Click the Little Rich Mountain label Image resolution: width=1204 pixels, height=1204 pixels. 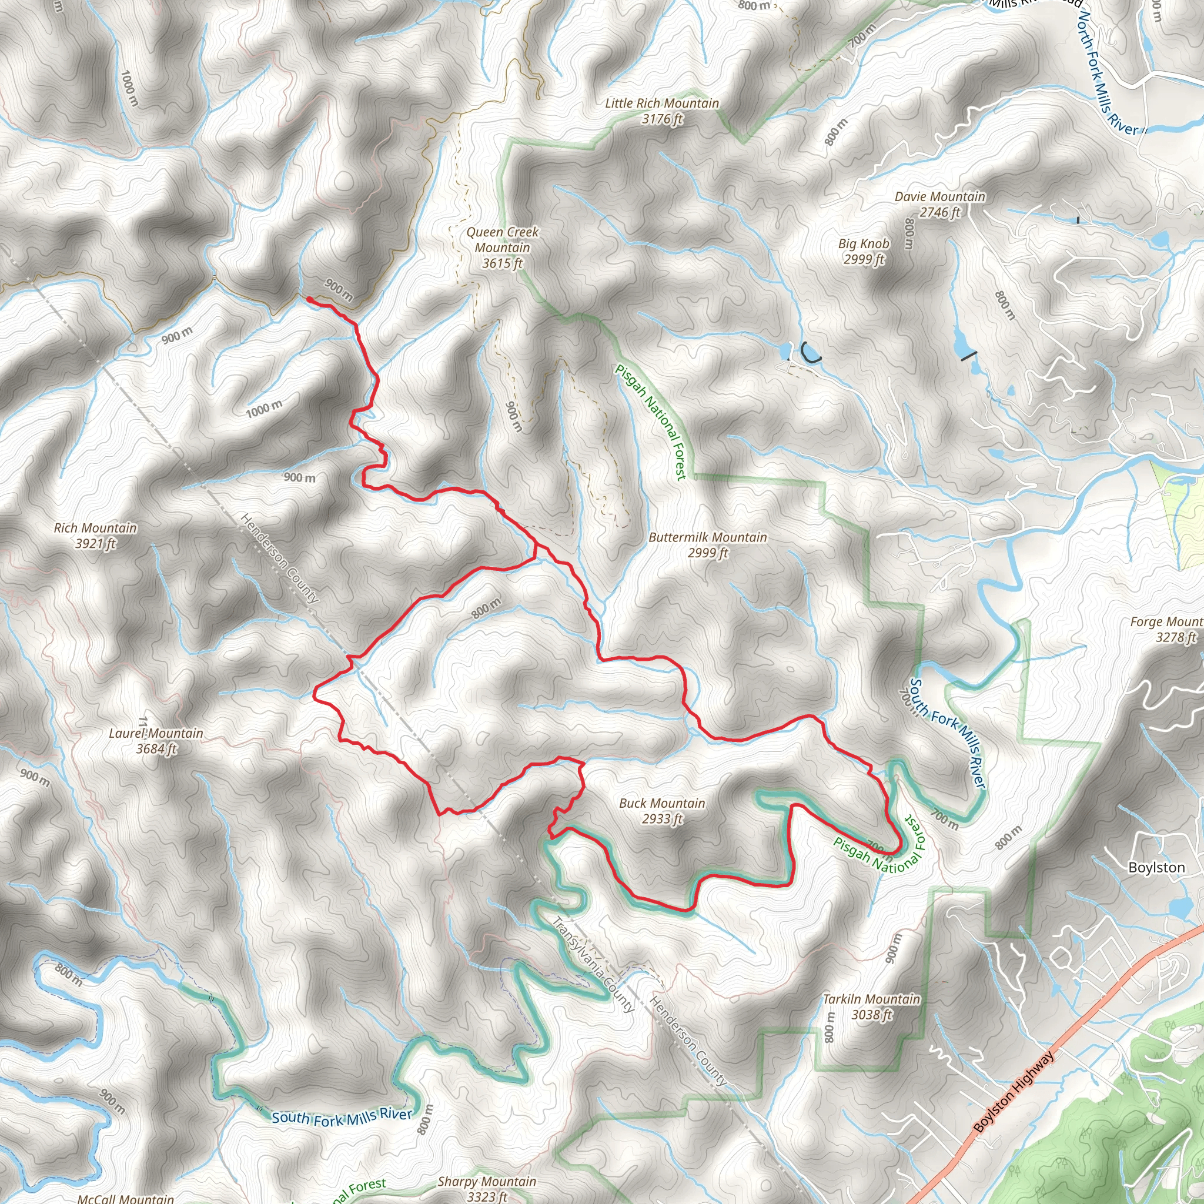click(662, 111)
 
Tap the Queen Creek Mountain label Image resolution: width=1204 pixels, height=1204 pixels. click(502, 248)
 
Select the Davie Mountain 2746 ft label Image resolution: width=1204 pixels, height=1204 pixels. click(940, 205)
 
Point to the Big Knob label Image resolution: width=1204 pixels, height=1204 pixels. click(864, 251)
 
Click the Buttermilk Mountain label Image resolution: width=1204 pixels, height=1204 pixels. click(707, 544)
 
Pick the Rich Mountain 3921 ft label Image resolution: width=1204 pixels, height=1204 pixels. click(95, 536)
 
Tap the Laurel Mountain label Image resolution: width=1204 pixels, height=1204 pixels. click(156, 740)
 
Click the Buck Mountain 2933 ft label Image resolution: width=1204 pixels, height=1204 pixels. click(662, 811)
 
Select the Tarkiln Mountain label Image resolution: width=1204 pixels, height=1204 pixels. click(871, 1006)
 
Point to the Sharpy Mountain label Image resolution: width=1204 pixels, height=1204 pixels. click(487, 1188)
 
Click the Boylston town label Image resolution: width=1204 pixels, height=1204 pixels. click(1156, 868)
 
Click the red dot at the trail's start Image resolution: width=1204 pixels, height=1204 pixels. click(310, 300)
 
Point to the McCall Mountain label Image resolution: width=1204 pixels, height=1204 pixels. click(126, 1198)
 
